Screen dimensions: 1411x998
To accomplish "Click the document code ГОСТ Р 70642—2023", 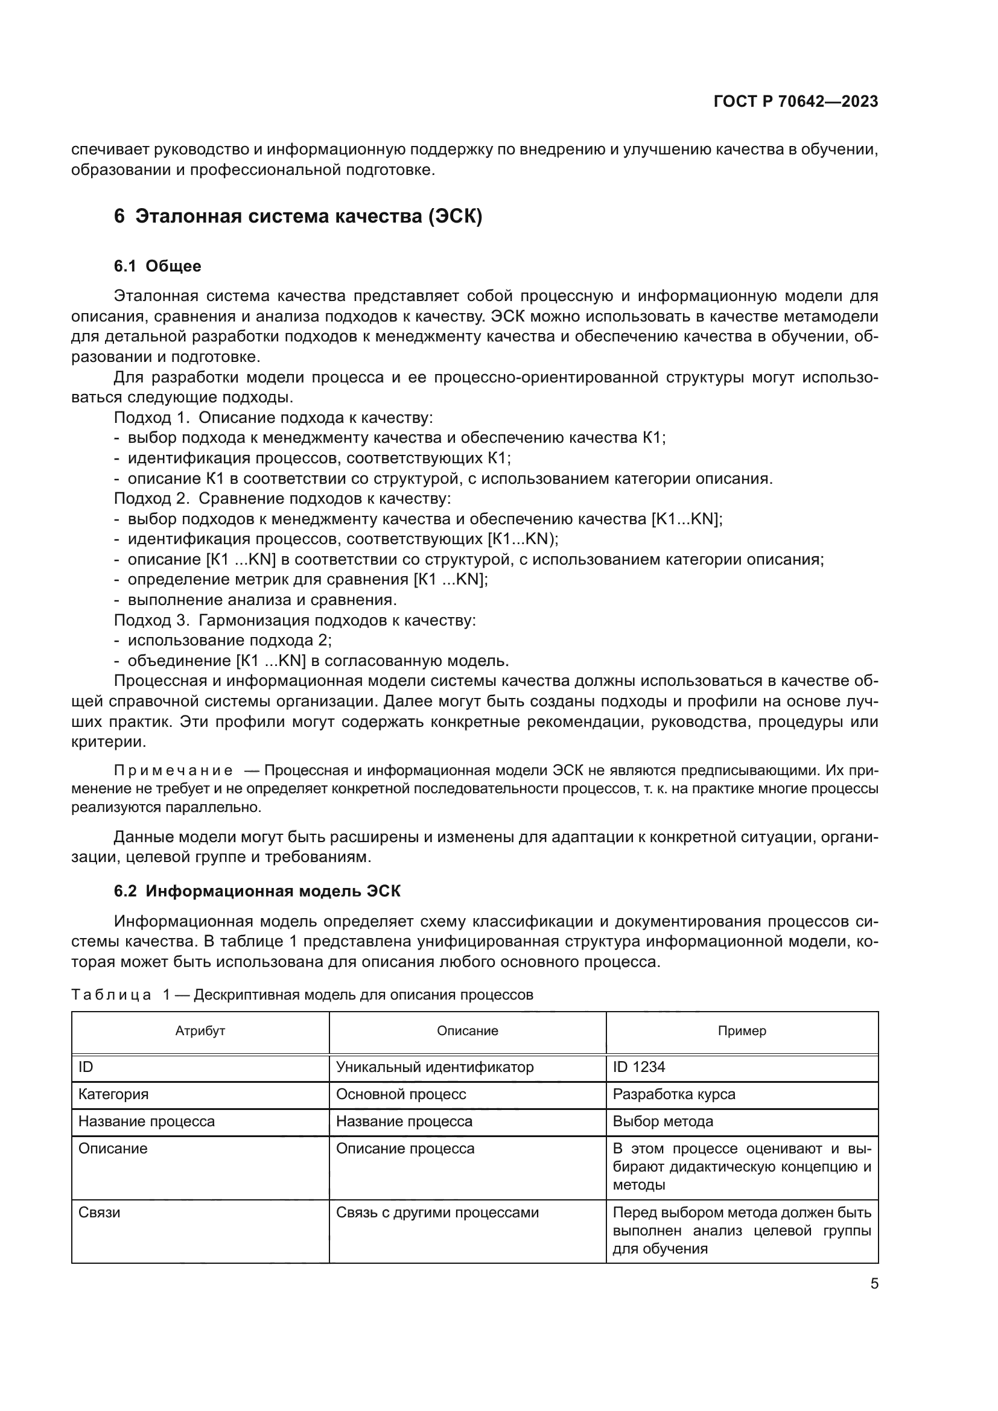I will (795, 101).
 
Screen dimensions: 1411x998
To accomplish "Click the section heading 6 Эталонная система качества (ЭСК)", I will (298, 217).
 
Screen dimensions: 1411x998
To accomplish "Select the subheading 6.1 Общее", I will (157, 266).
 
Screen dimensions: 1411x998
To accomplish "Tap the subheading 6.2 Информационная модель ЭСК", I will (257, 891).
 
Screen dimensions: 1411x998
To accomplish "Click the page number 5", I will (874, 1284).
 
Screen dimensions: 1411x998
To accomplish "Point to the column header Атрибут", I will (200, 1031).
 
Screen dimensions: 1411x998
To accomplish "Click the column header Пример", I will (742, 1031).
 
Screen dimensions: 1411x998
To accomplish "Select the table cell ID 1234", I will (638, 1068).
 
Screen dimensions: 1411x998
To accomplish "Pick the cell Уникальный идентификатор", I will (434, 1068).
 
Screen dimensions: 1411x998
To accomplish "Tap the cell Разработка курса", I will (673, 1094).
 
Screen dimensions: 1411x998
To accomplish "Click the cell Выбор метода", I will (663, 1121).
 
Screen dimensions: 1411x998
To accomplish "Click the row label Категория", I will (113, 1094).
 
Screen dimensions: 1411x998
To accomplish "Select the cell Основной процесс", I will (401, 1094).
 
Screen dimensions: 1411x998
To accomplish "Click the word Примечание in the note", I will (173, 770).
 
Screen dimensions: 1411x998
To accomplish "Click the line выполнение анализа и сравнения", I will (262, 600).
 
